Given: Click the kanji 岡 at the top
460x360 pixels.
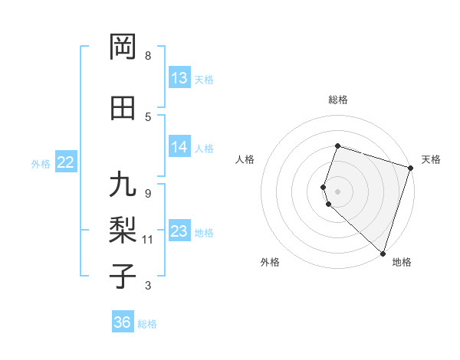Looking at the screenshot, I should pos(123,47).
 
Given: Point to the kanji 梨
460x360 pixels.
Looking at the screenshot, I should pos(123,229).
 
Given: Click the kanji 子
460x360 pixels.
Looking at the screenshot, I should pos(123,276).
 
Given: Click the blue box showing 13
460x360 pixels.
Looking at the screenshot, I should pos(179,78).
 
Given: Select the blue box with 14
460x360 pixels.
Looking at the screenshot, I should pos(179,147).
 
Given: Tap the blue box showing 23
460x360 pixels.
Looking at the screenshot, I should pos(179,231).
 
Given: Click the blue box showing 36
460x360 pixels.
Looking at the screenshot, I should pos(123,322).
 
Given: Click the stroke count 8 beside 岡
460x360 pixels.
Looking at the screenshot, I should pos(148,56).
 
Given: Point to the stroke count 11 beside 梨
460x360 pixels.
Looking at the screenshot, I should pos(148,240).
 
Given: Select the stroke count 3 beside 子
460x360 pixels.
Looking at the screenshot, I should pos(148,286).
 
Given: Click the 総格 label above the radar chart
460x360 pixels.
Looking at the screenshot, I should pos(338,100).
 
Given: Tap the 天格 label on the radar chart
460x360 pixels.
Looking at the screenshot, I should pos(432,159).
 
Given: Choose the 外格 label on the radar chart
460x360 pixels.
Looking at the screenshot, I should pos(270,262).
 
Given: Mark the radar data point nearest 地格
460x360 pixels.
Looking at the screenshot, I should pos(383,253).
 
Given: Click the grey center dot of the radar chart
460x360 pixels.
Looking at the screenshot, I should pos(338,191).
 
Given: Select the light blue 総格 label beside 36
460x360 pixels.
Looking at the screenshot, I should pos(147,324).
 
